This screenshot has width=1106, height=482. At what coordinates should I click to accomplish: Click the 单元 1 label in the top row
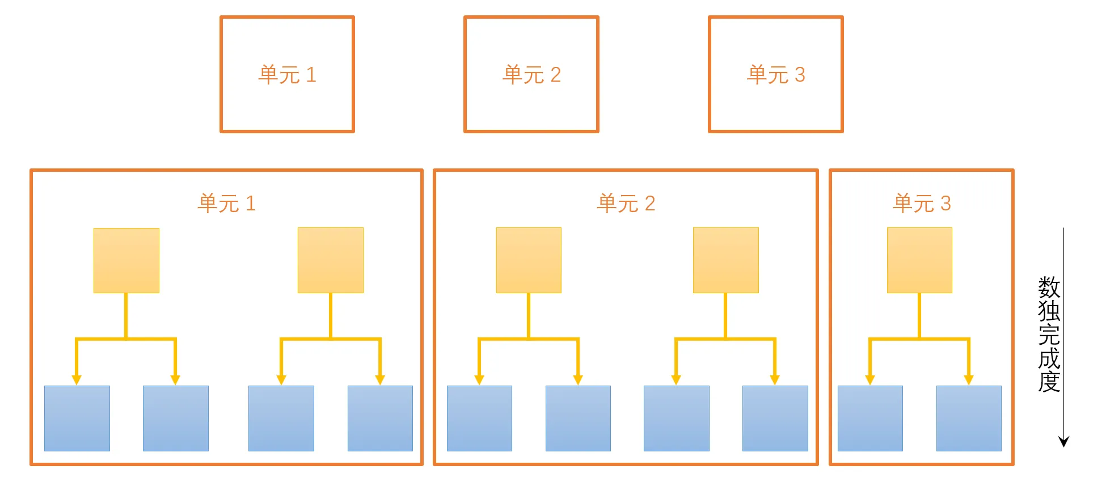click(287, 75)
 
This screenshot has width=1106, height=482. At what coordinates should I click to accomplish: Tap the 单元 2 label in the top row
click(531, 75)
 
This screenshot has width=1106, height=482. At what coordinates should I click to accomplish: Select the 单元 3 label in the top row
click(776, 75)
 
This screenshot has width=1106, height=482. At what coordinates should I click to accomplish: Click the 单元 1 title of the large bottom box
click(226, 203)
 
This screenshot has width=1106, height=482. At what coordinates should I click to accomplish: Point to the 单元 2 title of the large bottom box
click(626, 203)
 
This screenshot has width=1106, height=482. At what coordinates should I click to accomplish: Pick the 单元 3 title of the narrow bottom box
click(922, 203)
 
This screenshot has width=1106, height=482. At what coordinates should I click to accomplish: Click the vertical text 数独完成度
click(1049, 335)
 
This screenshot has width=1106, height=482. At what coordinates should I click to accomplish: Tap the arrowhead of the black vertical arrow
click(1064, 441)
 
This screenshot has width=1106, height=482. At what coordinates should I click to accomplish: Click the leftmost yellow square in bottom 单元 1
click(126, 260)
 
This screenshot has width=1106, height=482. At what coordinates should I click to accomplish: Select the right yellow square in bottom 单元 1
click(331, 260)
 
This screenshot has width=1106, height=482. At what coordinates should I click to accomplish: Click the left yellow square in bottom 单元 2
click(529, 260)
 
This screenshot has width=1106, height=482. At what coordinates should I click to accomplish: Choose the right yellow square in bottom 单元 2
click(726, 260)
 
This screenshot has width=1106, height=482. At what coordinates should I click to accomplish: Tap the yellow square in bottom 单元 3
click(919, 260)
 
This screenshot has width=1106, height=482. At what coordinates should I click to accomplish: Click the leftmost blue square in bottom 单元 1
click(77, 418)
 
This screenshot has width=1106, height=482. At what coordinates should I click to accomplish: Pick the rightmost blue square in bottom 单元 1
click(380, 418)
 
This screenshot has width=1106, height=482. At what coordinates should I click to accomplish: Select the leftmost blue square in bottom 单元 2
click(479, 418)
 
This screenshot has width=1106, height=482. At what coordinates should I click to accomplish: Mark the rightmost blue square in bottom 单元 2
click(775, 418)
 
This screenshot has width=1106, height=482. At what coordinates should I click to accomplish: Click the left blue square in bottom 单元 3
click(870, 418)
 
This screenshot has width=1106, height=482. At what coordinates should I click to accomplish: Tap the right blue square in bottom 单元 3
click(969, 418)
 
